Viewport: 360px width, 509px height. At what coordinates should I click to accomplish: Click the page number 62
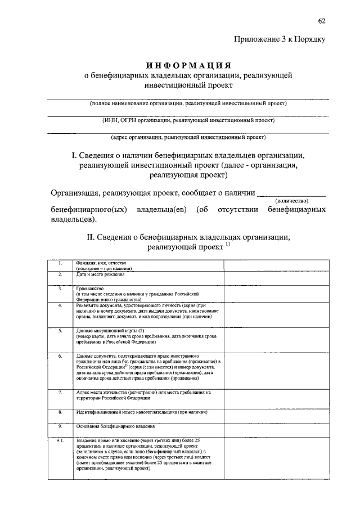(x=322, y=21)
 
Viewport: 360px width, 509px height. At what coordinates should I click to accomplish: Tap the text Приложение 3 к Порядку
(x=280, y=39)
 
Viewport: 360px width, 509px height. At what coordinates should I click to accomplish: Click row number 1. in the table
(x=60, y=263)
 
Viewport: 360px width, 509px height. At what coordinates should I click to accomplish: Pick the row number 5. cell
(x=60, y=331)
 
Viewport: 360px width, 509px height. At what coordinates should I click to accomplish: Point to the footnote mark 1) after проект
(x=228, y=245)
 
